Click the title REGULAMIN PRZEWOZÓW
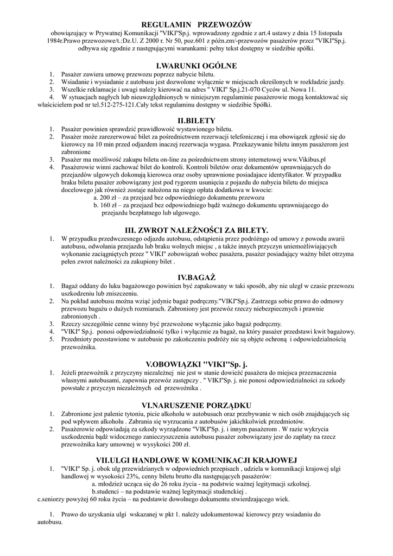pos(196,24)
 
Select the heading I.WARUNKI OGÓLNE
pos(196,66)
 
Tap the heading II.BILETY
pos(196,120)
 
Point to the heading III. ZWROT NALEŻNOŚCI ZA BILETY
pos(196,230)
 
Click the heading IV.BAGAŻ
pos(196,277)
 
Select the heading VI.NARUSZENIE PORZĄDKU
pos(196,405)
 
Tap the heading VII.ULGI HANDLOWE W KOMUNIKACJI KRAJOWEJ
pos(196,459)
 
